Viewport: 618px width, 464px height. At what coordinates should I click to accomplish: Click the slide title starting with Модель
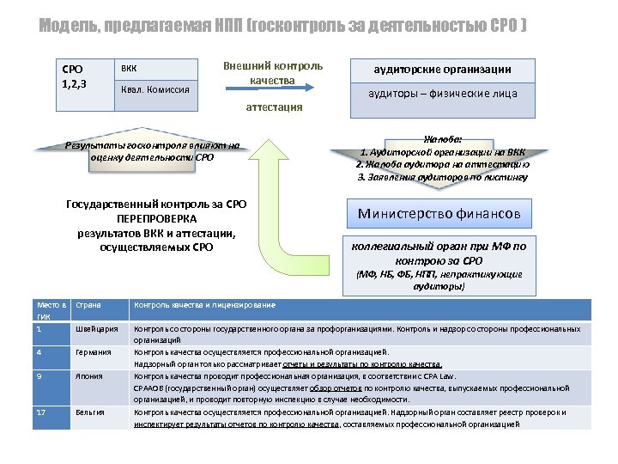pos(283,27)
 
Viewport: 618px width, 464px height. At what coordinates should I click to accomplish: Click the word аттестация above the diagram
pos(274,107)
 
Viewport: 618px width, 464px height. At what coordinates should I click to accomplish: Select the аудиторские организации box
pos(443,70)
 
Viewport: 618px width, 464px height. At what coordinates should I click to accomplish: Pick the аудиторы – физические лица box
pos(443,93)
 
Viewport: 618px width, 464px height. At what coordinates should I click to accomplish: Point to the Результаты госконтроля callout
pos(153,150)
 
